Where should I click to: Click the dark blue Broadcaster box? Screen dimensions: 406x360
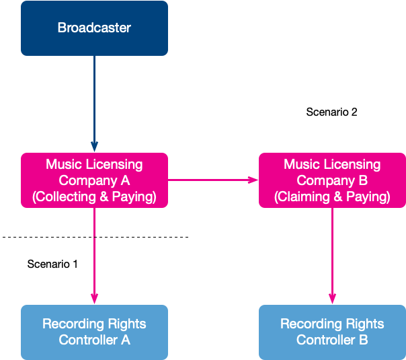pyautogui.click(x=94, y=28)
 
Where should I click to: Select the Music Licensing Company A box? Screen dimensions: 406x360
pyautogui.click(x=94, y=180)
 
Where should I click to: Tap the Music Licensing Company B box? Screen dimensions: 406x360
pyautogui.click(x=332, y=180)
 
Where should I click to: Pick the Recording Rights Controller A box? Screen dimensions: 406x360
pyautogui.click(x=94, y=332)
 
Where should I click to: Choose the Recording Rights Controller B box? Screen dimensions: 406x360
pyautogui.click(x=332, y=332)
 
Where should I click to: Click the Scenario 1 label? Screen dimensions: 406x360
pyautogui.click(x=52, y=264)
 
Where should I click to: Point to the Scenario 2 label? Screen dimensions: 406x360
pyautogui.click(x=331, y=112)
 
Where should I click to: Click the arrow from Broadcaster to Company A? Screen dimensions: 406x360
pyautogui.click(x=94, y=104)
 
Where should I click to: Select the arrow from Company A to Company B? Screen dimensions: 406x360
pyautogui.click(x=213, y=180)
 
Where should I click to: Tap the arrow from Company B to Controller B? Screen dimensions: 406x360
pyautogui.click(x=332, y=256)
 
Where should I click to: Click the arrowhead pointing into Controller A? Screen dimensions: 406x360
pyautogui.click(x=94, y=299)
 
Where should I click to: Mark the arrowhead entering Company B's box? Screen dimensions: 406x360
pyautogui.click(x=253, y=180)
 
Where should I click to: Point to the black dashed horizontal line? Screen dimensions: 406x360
pyautogui.click(x=95, y=237)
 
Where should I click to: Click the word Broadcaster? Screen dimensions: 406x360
pyautogui.click(x=94, y=28)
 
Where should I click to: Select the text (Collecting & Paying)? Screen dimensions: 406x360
pyautogui.click(x=94, y=196)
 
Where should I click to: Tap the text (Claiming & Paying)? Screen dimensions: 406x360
pyautogui.click(x=332, y=196)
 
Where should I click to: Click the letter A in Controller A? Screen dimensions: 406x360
pyautogui.click(x=125, y=340)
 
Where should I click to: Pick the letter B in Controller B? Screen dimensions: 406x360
pyautogui.click(x=363, y=340)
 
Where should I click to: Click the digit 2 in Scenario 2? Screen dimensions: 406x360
pyautogui.click(x=354, y=112)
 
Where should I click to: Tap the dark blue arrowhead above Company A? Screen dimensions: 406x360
pyautogui.click(x=94, y=147)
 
